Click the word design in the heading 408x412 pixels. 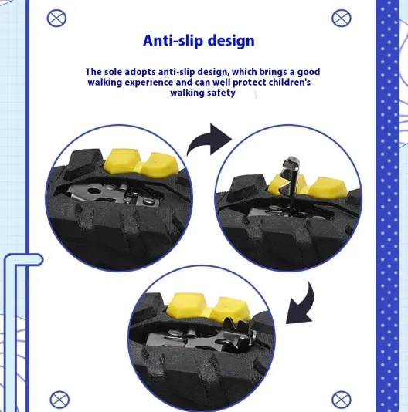point(231,41)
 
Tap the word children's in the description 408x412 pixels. point(290,83)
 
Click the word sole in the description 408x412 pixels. point(113,72)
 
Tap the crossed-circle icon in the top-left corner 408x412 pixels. point(56,18)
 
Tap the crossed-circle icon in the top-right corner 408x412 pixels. point(342,18)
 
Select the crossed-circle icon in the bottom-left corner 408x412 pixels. point(59,400)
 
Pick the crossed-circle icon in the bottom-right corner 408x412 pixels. point(342,400)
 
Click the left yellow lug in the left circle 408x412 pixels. point(121,160)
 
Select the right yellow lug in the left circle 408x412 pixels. point(160,164)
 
